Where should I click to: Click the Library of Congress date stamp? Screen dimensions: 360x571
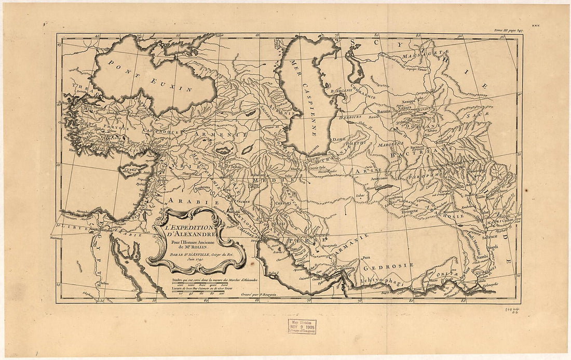pos(302,326)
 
